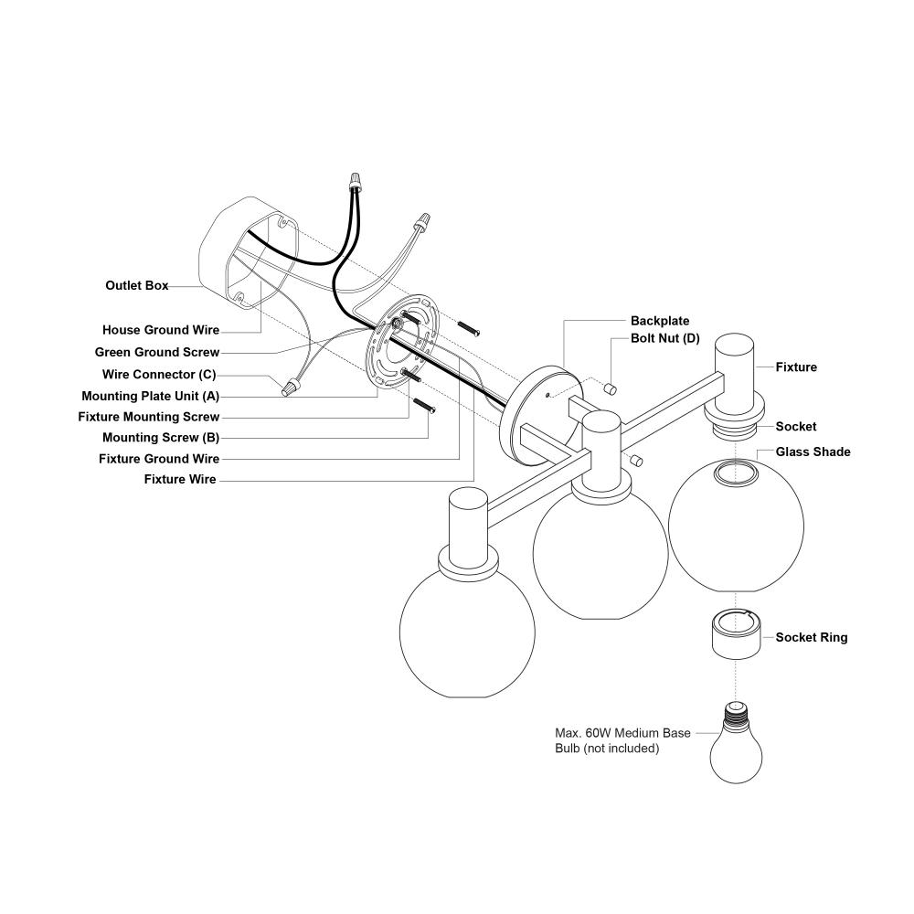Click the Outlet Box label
pyautogui.click(x=136, y=286)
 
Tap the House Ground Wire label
pyautogui.click(x=160, y=330)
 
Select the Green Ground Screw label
pyautogui.click(x=156, y=352)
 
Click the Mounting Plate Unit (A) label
pyautogui.click(x=150, y=397)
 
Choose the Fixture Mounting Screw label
pyautogui.click(x=148, y=417)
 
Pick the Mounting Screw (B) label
pyautogui.click(x=160, y=438)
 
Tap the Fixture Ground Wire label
pyautogui.click(x=158, y=459)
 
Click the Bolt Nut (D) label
pyautogui.click(x=664, y=338)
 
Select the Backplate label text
pyautogui.click(x=660, y=322)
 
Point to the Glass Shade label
pyautogui.click(x=813, y=452)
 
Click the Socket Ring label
pyautogui.click(x=811, y=637)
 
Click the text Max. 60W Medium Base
pyautogui.click(x=622, y=733)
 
